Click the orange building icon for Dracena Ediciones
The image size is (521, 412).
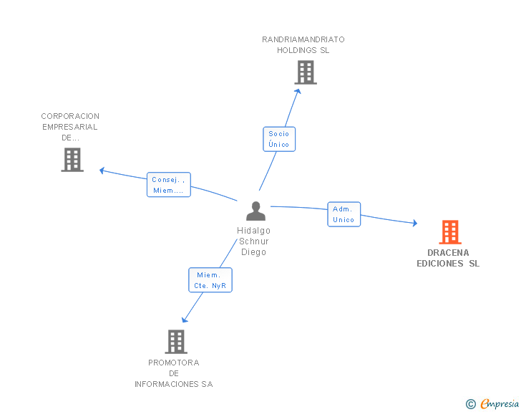coord(450,232)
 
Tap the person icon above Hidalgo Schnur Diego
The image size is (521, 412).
coord(256,211)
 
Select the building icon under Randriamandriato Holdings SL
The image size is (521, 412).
coord(306,72)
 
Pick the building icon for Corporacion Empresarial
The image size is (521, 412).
coord(72,160)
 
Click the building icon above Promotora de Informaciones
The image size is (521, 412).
coord(176,342)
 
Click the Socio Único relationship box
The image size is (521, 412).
coord(279,139)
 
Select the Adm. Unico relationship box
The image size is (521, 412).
coord(344,214)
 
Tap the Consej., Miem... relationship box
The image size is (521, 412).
coord(169,185)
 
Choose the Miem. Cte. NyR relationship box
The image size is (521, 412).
coord(210,280)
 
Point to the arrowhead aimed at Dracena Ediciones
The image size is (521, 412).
coord(415,223)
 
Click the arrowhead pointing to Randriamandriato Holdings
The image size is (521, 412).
coord(298,92)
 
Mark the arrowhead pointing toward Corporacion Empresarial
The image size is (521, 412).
coord(102,171)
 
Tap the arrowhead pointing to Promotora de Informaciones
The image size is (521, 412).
coord(185,320)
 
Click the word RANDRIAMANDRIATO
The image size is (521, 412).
coord(303,39)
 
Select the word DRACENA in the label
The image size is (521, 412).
coord(448,253)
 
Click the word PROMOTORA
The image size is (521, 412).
coord(174,363)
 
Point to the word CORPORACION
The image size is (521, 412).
coord(70,116)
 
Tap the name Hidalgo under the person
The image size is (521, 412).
coord(253,231)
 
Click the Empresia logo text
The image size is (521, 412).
coord(500,403)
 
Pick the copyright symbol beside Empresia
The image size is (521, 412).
coord(471,404)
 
